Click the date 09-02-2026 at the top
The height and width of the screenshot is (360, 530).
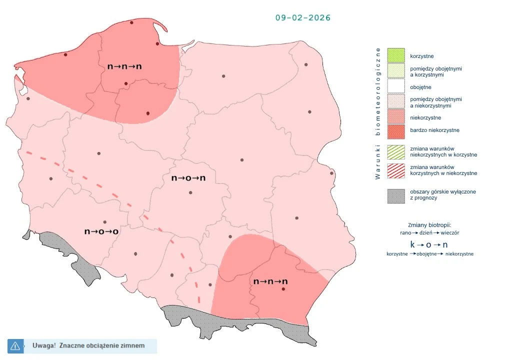[303, 17]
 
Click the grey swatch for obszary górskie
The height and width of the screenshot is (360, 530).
[396, 195]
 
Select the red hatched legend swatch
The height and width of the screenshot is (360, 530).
[396, 170]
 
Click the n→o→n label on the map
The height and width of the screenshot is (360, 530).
[188, 178]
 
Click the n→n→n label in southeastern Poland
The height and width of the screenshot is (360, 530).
[270, 281]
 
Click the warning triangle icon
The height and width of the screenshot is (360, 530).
[15, 345]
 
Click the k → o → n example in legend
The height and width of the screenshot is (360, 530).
[428, 244]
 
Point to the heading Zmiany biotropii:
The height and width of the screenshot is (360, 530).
[429, 225]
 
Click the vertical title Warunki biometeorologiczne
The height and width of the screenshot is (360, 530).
[378, 113]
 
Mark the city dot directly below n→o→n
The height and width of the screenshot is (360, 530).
[190, 192]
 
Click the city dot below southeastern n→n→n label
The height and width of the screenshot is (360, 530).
[283, 289]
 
